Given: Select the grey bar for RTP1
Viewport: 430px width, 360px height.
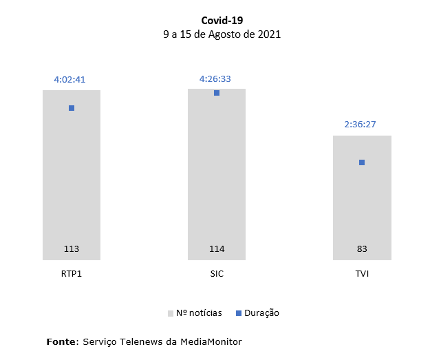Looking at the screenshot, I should (72, 179).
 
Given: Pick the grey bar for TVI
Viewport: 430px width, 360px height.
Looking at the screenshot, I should (362, 200).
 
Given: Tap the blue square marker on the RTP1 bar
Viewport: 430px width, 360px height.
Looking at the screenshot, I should (72, 108).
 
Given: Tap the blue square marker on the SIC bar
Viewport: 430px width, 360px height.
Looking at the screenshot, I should (217, 93).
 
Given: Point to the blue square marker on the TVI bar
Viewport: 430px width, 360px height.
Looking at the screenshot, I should (362, 162).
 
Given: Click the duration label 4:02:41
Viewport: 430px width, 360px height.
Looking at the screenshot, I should (70, 79).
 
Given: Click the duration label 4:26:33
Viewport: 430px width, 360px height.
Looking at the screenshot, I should (215, 78).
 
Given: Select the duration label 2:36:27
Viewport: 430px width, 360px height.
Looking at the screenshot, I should (361, 125).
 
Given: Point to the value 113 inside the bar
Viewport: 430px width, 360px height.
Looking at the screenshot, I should (72, 248).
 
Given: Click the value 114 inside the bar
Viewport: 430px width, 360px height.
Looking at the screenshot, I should (217, 248).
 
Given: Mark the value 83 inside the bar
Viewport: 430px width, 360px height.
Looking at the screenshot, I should (362, 248).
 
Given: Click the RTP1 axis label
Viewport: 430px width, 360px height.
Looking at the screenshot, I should (72, 273).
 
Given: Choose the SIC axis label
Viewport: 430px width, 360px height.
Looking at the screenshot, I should (217, 273).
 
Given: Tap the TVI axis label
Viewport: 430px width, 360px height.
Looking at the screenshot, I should (362, 273).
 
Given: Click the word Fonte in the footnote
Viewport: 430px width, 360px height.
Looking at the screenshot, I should (61, 341).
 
